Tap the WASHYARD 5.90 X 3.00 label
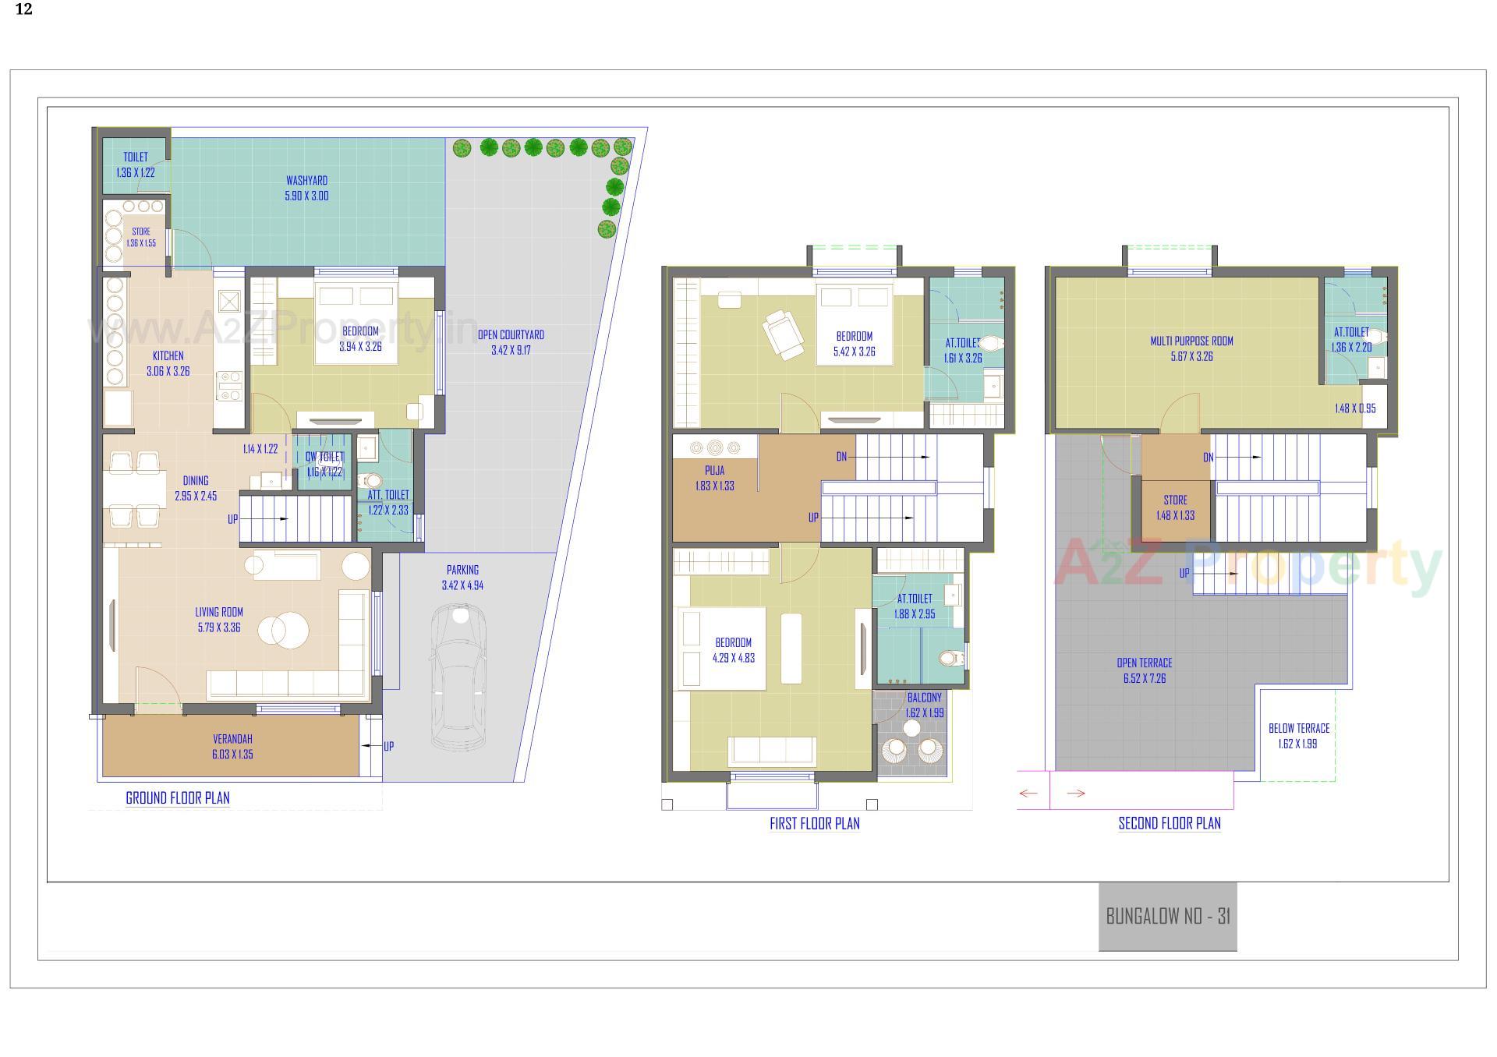coord(306,189)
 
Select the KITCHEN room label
coord(168,356)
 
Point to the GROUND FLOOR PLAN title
coord(178,798)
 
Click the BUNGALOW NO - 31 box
coord(1167,916)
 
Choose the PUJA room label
coord(714,471)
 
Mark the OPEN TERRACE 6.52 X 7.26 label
coord(1144,670)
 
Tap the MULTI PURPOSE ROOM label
coord(1191,341)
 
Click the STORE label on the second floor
coord(1175,500)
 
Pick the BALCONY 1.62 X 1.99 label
coord(925,705)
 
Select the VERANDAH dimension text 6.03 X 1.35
coord(232,755)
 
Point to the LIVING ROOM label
coord(219,613)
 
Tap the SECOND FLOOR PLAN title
coord(1170,824)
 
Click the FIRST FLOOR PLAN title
coord(814,824)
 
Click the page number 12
coord(23,10)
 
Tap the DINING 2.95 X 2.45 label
coord(196,488)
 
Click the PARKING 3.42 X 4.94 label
coord(462,578)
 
